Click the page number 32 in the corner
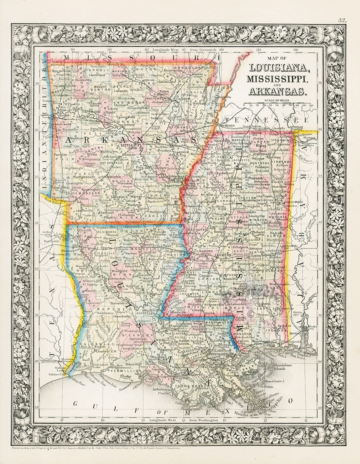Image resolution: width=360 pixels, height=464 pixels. pos(342,20)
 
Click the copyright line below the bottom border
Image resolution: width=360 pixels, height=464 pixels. pos(120,450)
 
